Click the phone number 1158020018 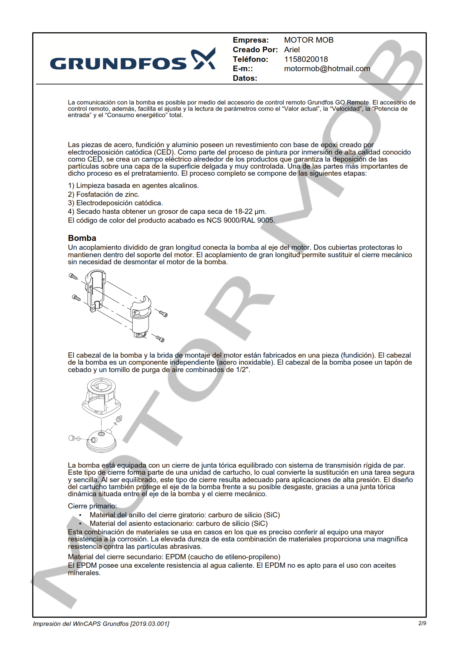point(306,59)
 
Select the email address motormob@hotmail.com point(327,69)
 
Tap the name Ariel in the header point(292,50)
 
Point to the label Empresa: point(250,40)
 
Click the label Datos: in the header point(245,78)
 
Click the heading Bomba point(82,238)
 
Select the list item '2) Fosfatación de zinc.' point(103,194)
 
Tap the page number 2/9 point(422,623)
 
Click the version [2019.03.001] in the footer point(150,624)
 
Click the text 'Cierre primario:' point(92,506)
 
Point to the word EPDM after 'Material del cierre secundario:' point(176,557)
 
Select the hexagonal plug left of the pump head point(72,438)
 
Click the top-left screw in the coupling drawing point(73,276)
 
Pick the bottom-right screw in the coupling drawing point(160,338)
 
